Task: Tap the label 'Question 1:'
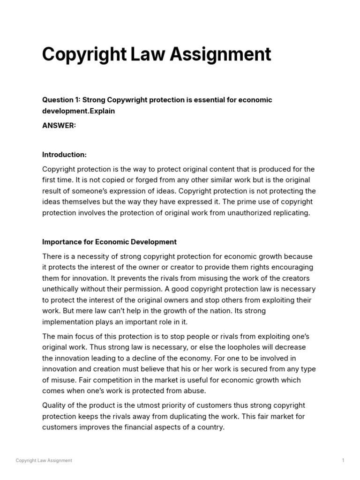61,100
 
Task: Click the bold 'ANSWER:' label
59,126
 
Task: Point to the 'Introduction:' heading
64,155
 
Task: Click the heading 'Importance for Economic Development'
109,242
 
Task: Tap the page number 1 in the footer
343,460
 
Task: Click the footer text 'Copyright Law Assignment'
44,460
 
